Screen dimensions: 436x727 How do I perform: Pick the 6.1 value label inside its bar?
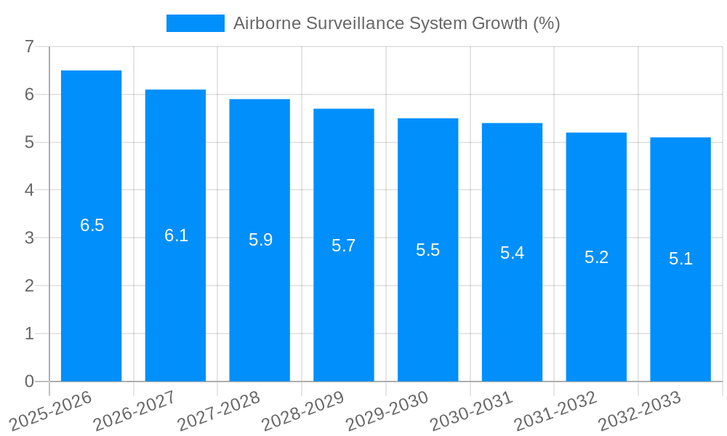point(176,235)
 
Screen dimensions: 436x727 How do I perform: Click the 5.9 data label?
point(260,240)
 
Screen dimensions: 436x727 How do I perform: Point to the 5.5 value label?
point(428,250)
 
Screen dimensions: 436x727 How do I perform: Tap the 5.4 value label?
point(512,253)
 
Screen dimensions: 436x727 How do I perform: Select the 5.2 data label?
point(596,257)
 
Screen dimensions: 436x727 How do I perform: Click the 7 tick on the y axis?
point(29,47)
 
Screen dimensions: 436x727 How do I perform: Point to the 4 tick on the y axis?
point(29,190)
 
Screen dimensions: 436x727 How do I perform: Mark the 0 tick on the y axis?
point(29,381)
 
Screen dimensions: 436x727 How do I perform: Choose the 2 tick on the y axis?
point(29,286)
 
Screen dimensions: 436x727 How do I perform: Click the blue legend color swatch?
point(195,23)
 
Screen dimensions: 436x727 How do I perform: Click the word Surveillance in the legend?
point(348,23)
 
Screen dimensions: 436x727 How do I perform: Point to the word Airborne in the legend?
point(265,23)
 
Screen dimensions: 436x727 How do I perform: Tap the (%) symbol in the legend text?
point(546,23)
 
